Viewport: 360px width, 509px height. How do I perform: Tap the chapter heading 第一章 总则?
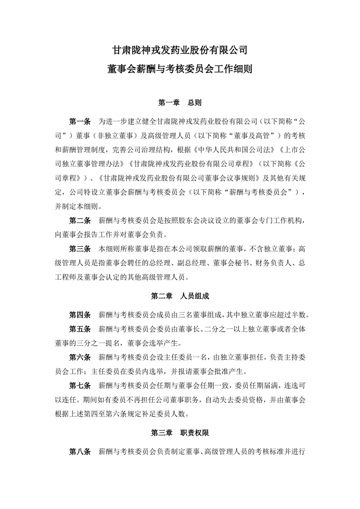180,103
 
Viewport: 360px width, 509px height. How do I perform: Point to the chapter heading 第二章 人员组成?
180,296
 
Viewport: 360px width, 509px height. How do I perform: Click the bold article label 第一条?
80,122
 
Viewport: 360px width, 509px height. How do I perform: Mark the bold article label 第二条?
80,221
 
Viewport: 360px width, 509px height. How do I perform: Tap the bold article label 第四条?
80,314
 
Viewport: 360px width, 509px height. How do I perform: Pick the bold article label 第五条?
80,328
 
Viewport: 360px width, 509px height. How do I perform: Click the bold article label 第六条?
80,358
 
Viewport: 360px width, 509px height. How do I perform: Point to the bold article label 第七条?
80,386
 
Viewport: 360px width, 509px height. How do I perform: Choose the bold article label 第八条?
80,452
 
